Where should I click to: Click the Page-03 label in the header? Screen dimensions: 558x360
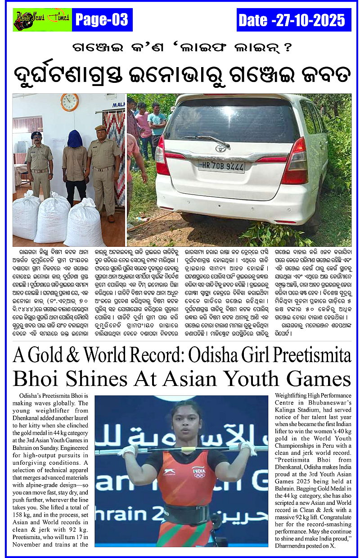tap(102, 20)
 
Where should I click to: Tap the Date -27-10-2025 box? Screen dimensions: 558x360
tap(293, 20)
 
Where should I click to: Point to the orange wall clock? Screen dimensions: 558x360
tap(69, 102)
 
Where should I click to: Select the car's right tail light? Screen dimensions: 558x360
tap(295, 161)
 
